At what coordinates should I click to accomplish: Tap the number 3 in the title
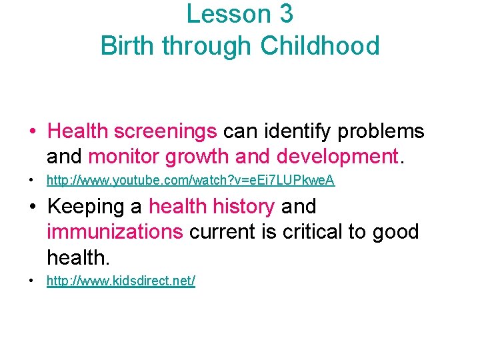click(x=284, y=14)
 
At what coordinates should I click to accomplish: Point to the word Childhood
click(x=320, y=46)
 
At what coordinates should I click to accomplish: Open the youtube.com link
click(x=190, y=181)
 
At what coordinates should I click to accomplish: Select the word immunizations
click(x=115, y=232)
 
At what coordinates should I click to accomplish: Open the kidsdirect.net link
click(x=121, y=281)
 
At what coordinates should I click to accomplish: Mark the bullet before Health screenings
click(x=32, y=131)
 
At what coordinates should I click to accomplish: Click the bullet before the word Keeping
click(x=32, y=207)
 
